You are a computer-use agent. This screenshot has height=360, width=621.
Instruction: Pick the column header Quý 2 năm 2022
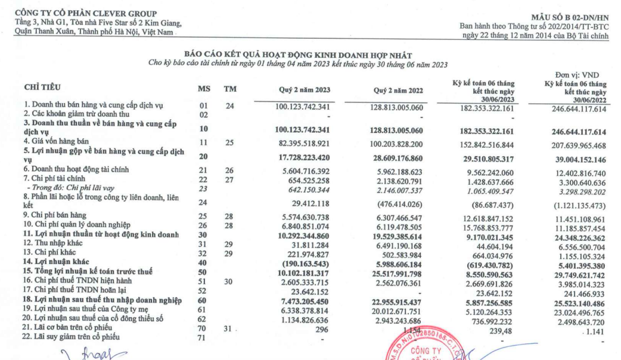(x=399, y=90)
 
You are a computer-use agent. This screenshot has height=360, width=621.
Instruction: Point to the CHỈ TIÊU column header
(x=42, y=87)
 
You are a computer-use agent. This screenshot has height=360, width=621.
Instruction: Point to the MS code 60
(x=203, y=302)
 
